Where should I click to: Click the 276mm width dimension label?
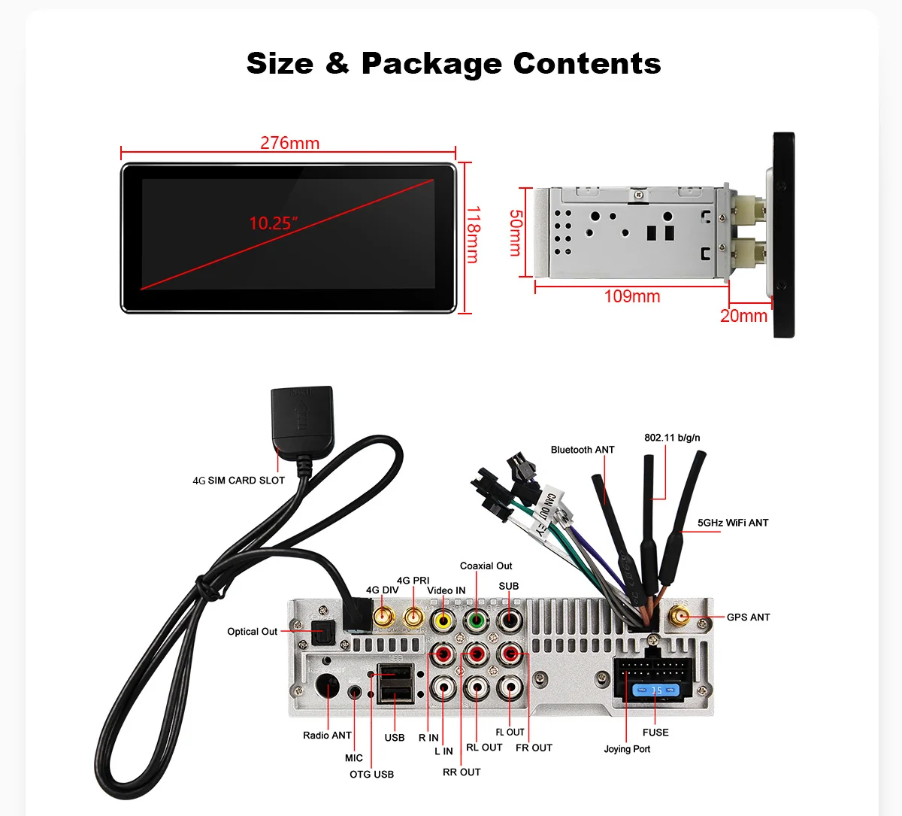point(289,143)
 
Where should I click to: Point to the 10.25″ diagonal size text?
point(274,223)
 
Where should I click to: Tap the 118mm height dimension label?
point(473,235)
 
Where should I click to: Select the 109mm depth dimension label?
point(631,296)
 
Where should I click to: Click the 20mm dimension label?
point(743,316)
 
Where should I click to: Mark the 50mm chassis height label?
point(516,232)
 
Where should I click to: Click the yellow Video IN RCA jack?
point(443,620)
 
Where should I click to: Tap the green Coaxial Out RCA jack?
point(476,620)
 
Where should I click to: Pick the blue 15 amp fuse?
point(655,690)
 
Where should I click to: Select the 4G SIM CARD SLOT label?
point(238,480)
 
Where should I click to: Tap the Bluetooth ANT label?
point(582,450)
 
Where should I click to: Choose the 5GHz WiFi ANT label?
point(732,523)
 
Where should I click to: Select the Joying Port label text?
point(627,749)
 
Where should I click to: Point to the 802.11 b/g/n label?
point(672,438)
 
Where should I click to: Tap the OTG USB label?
point(371,775)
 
